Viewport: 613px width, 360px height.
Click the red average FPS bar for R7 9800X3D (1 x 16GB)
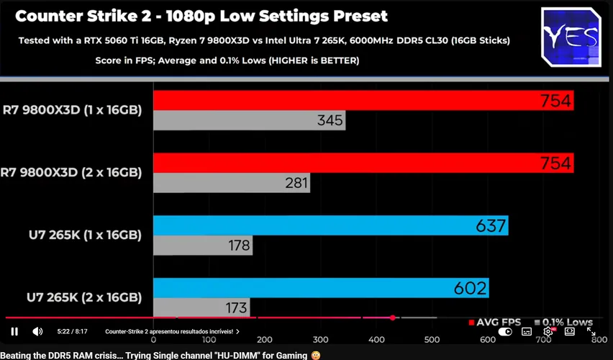(x=363, y=100)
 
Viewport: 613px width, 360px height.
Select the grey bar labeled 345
(x=250, y=120)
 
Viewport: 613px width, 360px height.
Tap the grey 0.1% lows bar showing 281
(x=232, y=183)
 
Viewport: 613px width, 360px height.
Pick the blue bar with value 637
(x=331, y=225)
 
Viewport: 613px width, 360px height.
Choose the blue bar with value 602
(x=321, y=288)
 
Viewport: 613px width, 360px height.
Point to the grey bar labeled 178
(x=203, y=246)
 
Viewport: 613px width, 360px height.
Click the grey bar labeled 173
(x=201, y=307)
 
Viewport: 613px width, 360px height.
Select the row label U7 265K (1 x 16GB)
(x=85, y=235)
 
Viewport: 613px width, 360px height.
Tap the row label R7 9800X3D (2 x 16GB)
(x=71, y=173)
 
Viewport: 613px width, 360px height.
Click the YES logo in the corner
(x=571, y=37)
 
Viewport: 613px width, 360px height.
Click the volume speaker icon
(x=37, y=332)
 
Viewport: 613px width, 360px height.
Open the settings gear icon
(x=548, y=332)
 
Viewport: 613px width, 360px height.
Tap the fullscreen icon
(x=591, y=332)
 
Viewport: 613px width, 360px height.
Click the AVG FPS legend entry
(x=494, y=323)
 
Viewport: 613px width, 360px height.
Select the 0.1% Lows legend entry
(x=564, y=323)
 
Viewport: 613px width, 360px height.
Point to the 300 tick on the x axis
(x=321, y=340)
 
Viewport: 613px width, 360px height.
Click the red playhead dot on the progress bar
(x=393, y=318)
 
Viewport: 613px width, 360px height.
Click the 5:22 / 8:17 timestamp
(x=73, y=331)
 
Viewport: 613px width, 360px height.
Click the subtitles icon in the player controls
(x=527, y=332)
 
